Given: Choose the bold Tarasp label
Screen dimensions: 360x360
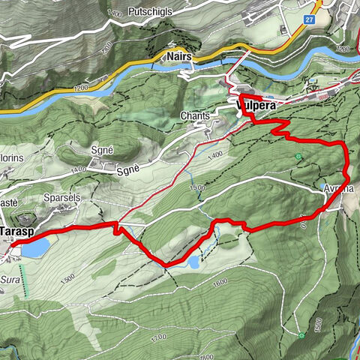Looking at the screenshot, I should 15,232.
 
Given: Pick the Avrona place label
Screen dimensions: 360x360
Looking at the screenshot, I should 338,189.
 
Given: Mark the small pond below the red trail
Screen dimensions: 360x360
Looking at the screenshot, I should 193,262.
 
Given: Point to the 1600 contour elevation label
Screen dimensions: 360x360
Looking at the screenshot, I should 220,282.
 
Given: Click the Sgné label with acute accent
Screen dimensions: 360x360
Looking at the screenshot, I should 102,150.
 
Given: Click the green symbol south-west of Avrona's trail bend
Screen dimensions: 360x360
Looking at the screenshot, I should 299,157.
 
